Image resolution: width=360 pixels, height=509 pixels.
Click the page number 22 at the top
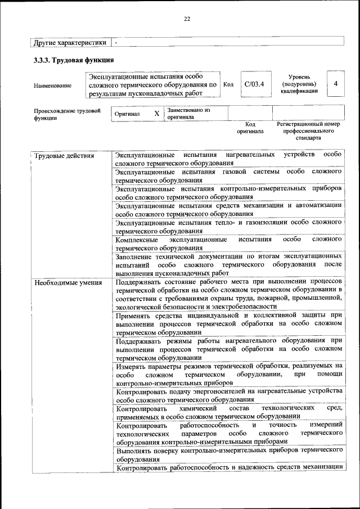pyautogui.click(x=187, y=19)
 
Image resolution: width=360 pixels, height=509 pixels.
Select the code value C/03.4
pyautogui.click(x=254, y=84)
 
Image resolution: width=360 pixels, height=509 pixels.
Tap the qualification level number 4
pyautogui.click(x=335, y=84)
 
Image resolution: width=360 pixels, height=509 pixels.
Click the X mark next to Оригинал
pyautogui.click(x=157, y=114)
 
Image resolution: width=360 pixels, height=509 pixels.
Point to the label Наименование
pyautogui.click(x=53, y=85)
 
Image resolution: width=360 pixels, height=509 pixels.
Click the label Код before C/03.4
pyautogui.click(x=228, y=85)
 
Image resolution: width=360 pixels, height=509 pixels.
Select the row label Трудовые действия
pyautogui.click(x=64, y=155)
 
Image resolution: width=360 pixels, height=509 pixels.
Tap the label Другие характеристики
pyautogui.click(x=69, y=42)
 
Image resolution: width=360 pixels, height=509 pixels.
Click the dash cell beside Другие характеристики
pyautogui.click(x=116, y=42)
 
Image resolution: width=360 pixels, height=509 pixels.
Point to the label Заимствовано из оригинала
pyautogui.click(x=188, y=114)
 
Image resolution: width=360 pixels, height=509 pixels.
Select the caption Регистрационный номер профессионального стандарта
pyautogui.click(x=309, y=130)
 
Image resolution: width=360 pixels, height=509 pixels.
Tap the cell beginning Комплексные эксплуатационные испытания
pyautogui.click(x=228, y=243)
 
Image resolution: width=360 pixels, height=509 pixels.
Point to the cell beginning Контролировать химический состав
pyautogui.click(x=228, y=412)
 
